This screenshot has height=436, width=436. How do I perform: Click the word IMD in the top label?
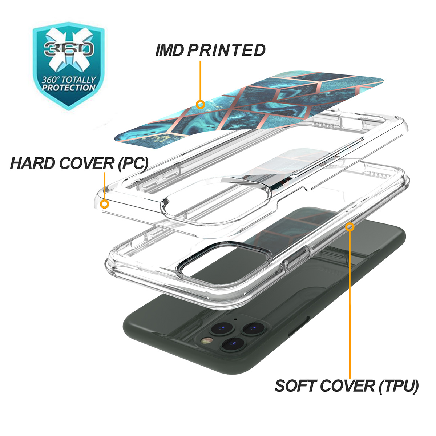coord(169,50)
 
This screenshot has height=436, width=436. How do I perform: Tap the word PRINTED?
coord(226,50)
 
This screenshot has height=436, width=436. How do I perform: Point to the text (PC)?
coord(133,164)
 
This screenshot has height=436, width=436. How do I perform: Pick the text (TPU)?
coord(399,387)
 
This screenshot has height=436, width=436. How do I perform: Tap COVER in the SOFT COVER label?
coord(347,386)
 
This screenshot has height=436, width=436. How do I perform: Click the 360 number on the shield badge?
coord(69,49)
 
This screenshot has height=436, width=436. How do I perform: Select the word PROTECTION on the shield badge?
coord(69,88)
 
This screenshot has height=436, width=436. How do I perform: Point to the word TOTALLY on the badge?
coord(78,80)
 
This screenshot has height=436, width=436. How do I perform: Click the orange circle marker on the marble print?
coord(200,105)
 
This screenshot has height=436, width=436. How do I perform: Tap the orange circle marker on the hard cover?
coord(105,204)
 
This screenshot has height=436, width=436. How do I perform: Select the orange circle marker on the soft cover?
coord(350,227)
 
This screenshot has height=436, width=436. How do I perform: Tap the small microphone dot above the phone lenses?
coord(235,320)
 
